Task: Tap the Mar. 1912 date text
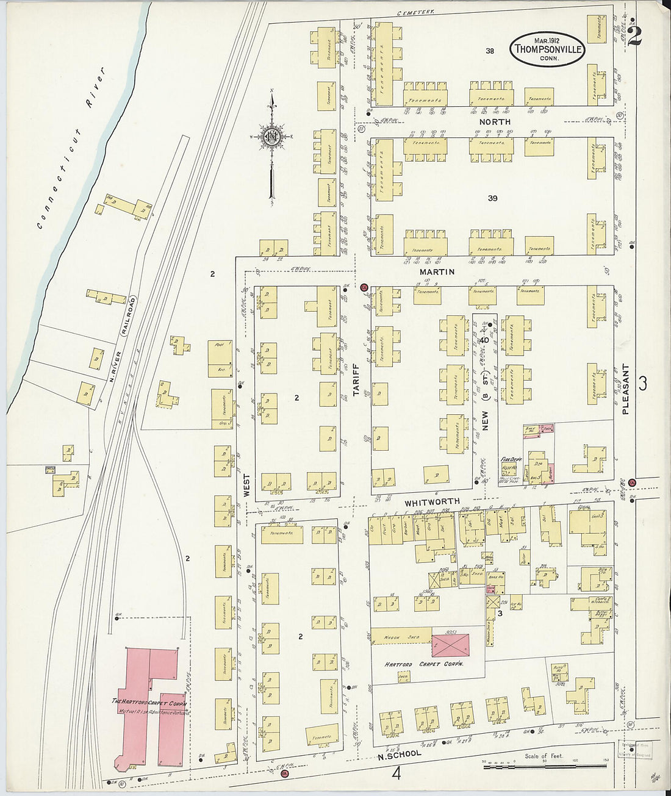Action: tap(547, 39)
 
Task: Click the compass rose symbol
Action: tap(271, 137)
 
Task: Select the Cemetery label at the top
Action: tap(414, 12)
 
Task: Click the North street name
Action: tap(494, 122)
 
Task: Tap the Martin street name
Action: tap(437, 271)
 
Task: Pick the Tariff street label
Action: tap(356, 379)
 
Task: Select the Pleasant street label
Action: tap(625, 390)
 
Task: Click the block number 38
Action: tap(489, 51)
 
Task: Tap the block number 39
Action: tap(493, 198)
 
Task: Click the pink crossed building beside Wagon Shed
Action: tap(451, 645)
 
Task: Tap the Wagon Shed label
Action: tap(400, 638)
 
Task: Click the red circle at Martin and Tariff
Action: tap(364, 287)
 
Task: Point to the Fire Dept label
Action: tap(509, 459)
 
